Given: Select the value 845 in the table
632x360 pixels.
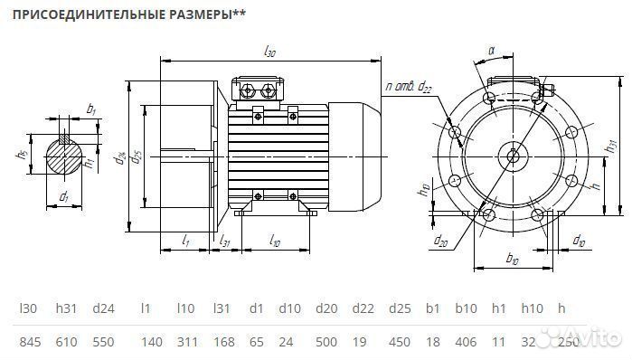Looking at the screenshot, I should [30, 343].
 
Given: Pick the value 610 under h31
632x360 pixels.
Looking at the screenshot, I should [68, 343].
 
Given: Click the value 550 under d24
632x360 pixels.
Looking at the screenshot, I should [103, 343].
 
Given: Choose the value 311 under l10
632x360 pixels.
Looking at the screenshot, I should [186, 343].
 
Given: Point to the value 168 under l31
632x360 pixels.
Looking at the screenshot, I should [223, 343].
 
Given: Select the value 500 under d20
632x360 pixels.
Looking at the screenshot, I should [327, 343].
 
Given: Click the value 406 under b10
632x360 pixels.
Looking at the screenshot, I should [466, 343].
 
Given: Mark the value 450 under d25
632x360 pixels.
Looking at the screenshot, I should [399, 343].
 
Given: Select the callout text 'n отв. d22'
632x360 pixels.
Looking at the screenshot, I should [409, 87].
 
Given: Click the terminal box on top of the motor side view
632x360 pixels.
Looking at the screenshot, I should [260, 90].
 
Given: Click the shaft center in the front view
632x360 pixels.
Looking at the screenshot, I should [514, 155].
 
